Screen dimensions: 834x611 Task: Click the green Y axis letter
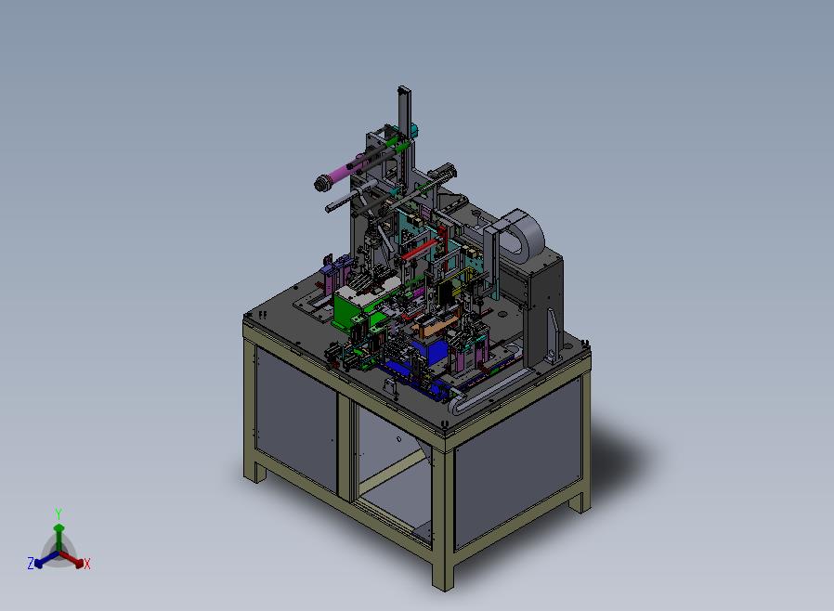[x=59, y=513]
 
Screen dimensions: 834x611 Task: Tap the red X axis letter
[x=87, y=565]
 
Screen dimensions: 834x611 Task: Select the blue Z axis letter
[x=31, y=563]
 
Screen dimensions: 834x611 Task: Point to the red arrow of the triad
[x=72, y=559]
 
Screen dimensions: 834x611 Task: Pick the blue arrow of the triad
[x=46, y=559]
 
